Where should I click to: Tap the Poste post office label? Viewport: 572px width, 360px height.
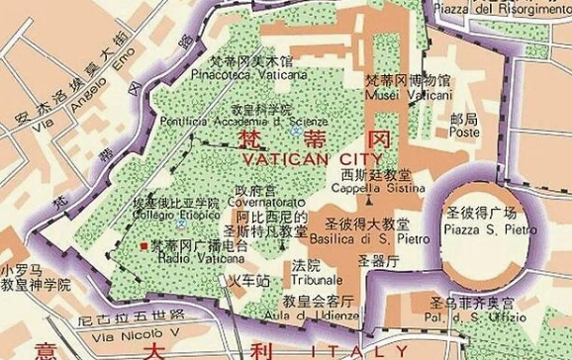(436, 131)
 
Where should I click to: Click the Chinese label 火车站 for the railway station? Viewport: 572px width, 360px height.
(249, 281)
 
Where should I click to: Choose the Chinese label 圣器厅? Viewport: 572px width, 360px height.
(377, 262)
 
